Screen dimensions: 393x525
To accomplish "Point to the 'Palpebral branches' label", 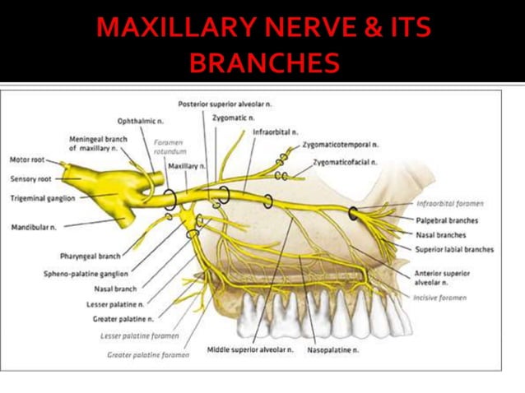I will [x=447, y=220].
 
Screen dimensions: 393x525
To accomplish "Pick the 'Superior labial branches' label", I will [x=455, y=249].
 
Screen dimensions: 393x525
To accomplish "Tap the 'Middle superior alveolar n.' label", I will [x=249, y=349].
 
